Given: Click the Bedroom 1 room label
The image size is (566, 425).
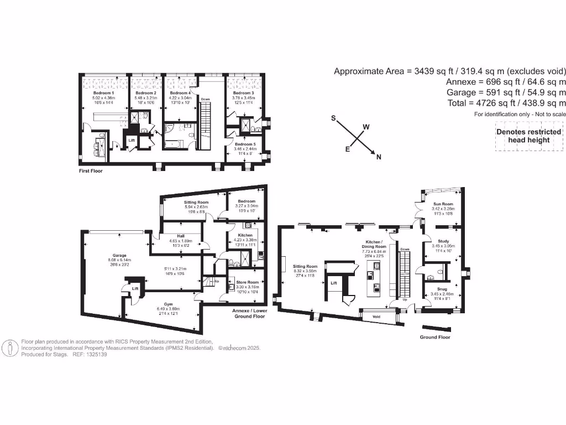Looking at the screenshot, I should [x=103, y=93].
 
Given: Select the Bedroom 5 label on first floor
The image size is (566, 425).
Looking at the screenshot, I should [x=244, y=143].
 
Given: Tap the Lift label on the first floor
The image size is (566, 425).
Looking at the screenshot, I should [x=132, y=141].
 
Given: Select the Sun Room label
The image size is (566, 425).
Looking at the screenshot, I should [x=443, y=204].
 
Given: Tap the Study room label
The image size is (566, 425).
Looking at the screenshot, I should [x=443, y=241].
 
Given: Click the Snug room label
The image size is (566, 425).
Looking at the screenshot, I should [x=443, y=288].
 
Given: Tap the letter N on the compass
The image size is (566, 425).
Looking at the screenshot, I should [x=379, y=157].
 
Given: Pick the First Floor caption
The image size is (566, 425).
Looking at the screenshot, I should [x=91, y=171].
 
